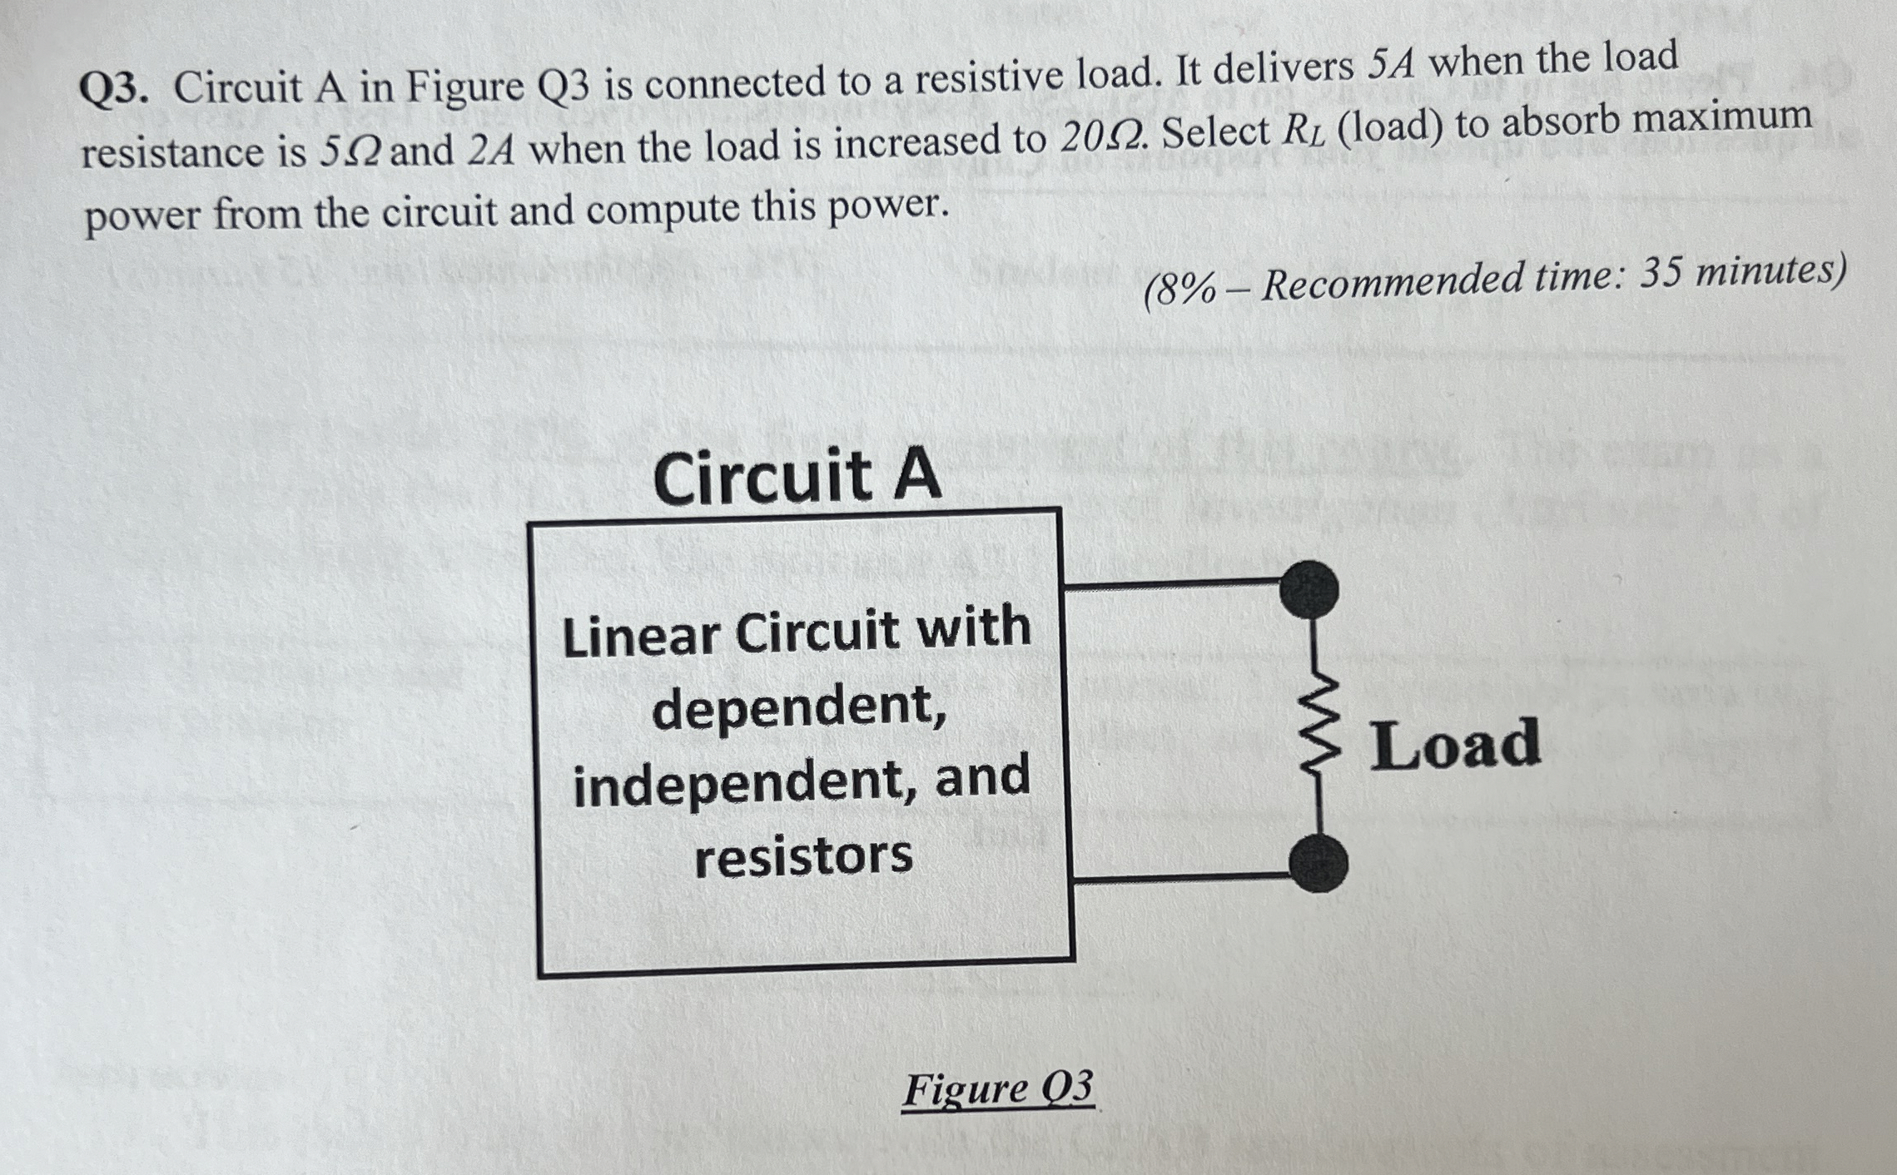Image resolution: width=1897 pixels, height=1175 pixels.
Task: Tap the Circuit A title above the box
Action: point(797,478)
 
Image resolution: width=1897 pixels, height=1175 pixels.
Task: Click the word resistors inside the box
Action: point(803,857)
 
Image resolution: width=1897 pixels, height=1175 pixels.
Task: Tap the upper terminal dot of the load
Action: point(1309,589)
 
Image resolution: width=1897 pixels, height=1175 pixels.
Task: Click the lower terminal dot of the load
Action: point(1318,864)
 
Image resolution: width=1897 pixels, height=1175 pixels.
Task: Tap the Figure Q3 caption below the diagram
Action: point(997,1088)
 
